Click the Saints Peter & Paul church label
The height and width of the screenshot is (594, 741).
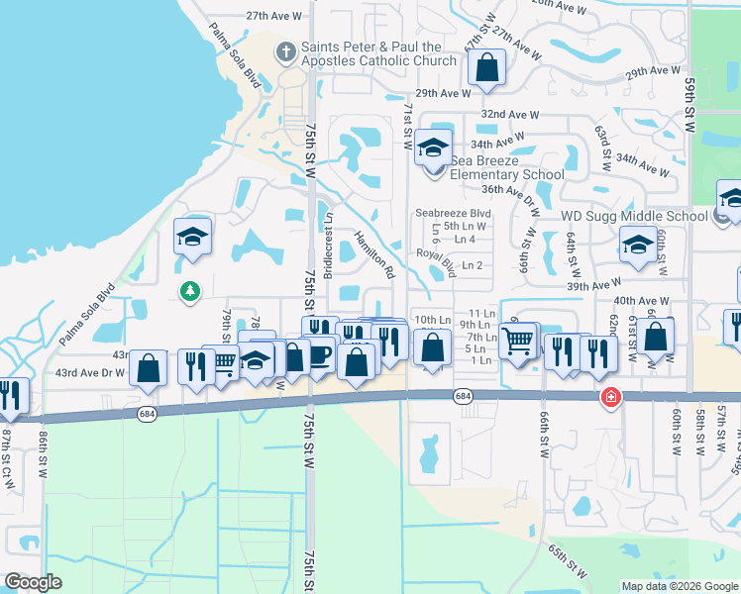click(371, 53)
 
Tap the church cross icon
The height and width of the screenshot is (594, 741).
click(285, 49)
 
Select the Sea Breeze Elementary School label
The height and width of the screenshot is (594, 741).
click(507, 167)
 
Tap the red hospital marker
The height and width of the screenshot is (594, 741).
click(611, 397)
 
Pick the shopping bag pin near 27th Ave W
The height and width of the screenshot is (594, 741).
click(486, 69)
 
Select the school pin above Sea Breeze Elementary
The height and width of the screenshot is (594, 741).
click(433, 148)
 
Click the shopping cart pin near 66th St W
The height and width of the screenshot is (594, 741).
click(519, 342)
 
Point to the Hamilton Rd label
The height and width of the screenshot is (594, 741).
click(375, 253)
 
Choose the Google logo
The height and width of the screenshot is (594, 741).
click(34, 582)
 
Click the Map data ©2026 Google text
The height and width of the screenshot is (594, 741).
click(679, 586)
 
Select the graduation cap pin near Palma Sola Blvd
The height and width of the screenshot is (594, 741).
click(192, 238)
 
